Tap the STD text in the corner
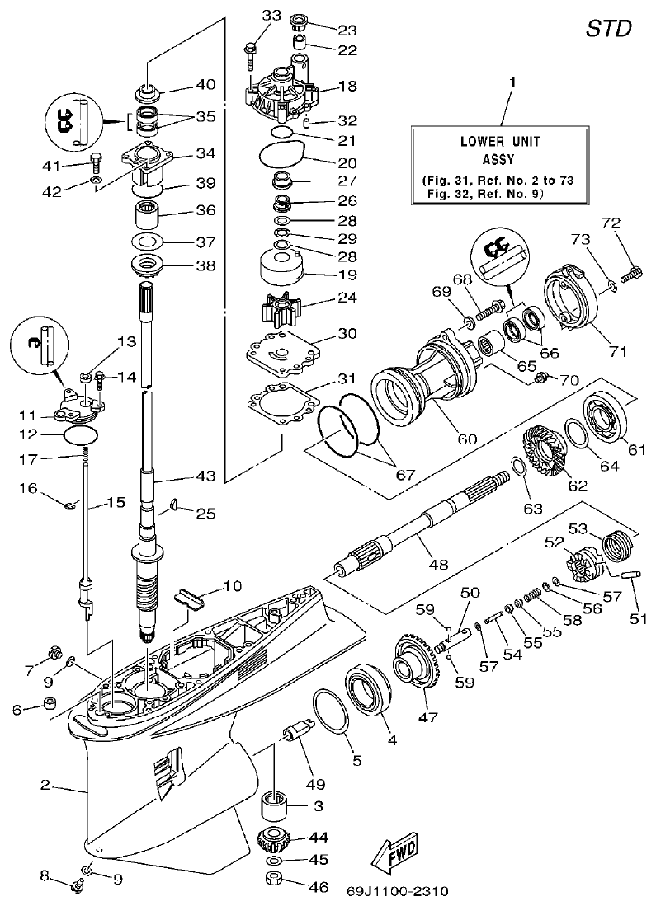(x=609, y=28)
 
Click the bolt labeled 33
(x=250, y=53)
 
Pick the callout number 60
(x=467, y=440)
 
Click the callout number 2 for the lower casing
(x=47, y=786)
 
